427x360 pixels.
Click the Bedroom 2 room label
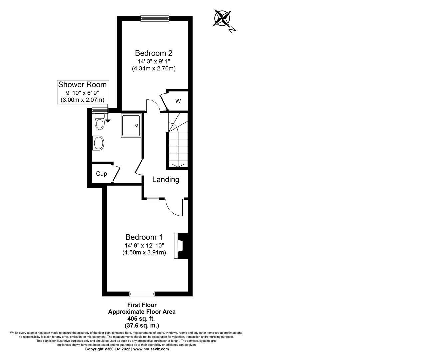click(154, 53)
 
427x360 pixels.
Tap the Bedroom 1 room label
click(144, 237)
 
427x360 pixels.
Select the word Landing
click(166, 180)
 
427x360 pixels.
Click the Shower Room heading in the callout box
click(82, 84)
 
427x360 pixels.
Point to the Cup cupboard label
click(101, 174)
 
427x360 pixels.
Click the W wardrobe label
click(178, 101)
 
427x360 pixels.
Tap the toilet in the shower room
click(99, 122)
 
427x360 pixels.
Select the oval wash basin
click(99, 144)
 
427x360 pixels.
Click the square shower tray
click(131, 125)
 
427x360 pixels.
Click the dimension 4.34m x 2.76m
click(154, 68)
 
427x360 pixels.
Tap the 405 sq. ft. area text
click(142, 319)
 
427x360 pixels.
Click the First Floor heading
click(142, 305)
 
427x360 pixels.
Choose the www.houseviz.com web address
click(151, 349)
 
